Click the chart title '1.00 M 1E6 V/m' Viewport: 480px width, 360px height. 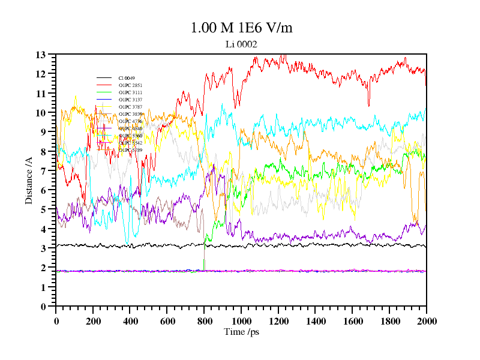pyautogui.click(x=241, y=28)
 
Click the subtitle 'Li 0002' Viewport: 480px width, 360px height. pyautogui.click(x=241, y=44)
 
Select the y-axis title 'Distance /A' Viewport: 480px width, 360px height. pyautogui.click(x=29, y=180)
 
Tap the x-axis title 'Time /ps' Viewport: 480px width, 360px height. pyautogui.click(x=241, y=332)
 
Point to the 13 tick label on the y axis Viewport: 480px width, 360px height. pyautogui.click(x=41, y=55)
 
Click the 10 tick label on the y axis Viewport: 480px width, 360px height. pyautogui.click(x=41, y=113)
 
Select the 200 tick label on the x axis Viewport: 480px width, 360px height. pyautogui.click(x=93, y=321)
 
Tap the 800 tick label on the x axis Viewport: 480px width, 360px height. pyautogui.click(x=204, y=321)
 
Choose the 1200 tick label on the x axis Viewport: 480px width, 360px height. pyautogui.click(x=278, y=321)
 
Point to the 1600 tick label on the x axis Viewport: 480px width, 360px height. pyautogui.click(x=352, y=321)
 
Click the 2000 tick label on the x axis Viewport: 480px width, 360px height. pyautogui.click(x=426, y=321)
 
